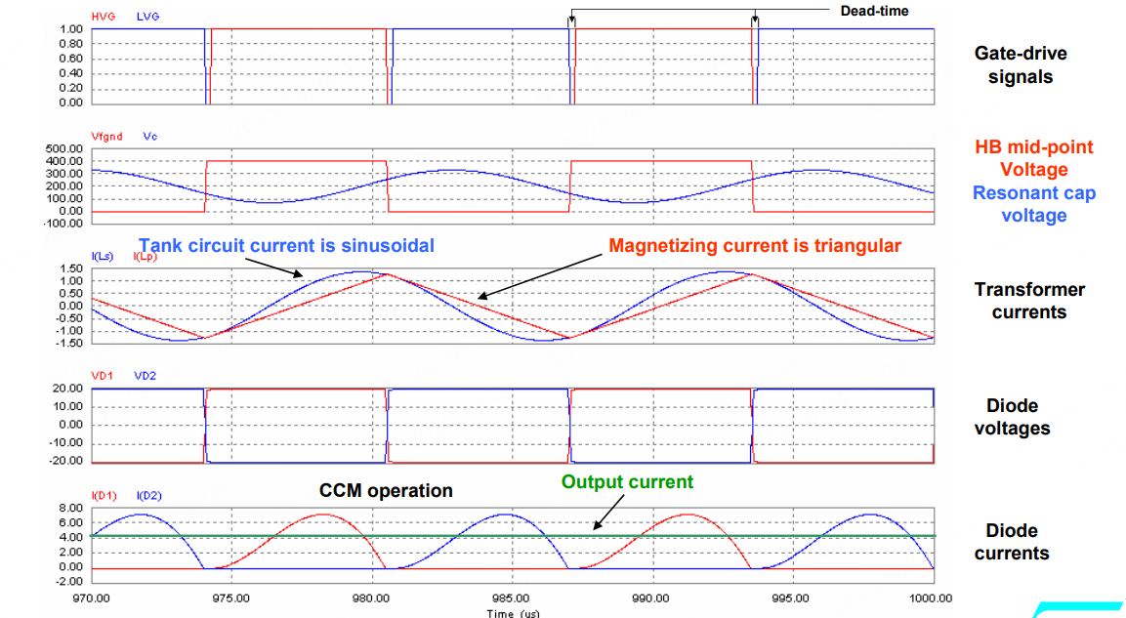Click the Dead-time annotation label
(x=874, y=11)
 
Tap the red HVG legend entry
(x=103, y=17)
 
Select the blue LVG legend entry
(x=148, y=17)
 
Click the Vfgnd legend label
(x=106, y=137)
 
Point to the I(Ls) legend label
(x=103, y=256)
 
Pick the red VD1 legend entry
(x=102, y=376)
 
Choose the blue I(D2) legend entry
(x=148, y=495)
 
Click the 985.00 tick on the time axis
(x=512, y=597)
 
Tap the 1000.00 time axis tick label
(x=934, y=597)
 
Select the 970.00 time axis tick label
(x=90, y=597)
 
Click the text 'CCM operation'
(x=386, y=491)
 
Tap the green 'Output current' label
(x=628, y=481)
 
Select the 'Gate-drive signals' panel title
(x=1020, y=65)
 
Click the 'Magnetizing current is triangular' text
(x=755, y=245)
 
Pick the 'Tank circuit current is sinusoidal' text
(x=286, y=245)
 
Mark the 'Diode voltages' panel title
(x=1012, y=417)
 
